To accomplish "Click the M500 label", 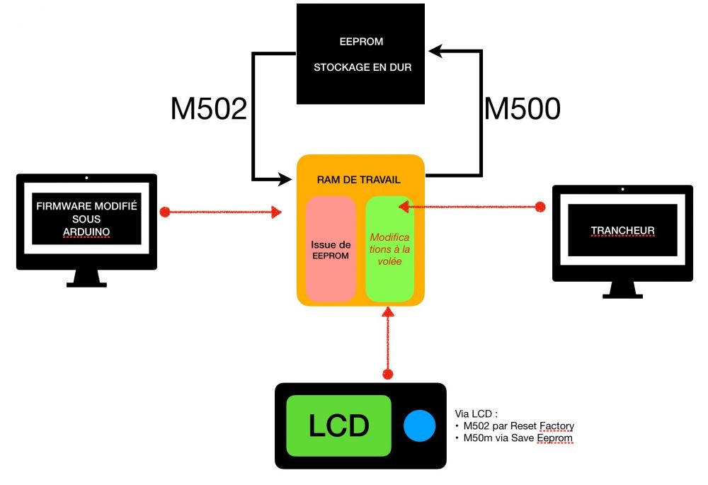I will (x=523, y=108).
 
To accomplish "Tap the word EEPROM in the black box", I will (x=361, y=41).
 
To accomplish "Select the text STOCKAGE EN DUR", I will (x=361, y=69).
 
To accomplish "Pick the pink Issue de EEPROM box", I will (x=331, y=249).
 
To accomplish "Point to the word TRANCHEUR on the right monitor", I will (x=622, y=231).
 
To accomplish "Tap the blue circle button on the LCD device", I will (x=420, y=426).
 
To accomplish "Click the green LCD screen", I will (x=338, y=426).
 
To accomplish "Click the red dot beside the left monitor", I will (x=165, y=211).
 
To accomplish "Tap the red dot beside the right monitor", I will (x=540, y=206).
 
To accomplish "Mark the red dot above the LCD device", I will (x=387, y=372).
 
